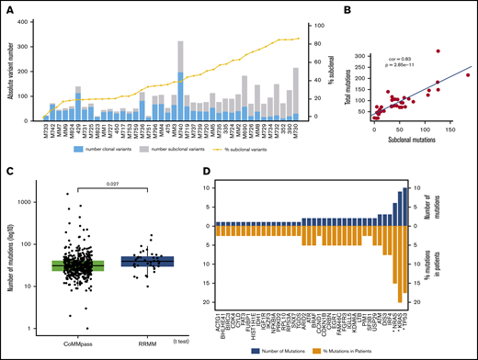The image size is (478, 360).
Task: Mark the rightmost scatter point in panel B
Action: (467, 75)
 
